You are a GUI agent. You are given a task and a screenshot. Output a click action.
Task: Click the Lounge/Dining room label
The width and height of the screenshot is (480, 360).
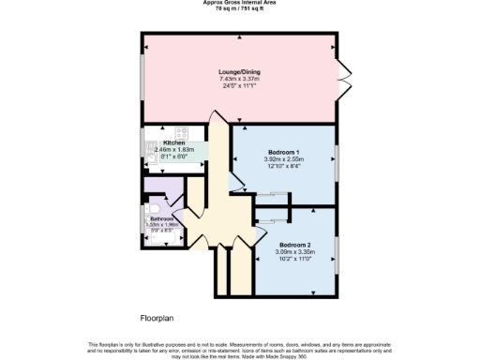pos(239,72)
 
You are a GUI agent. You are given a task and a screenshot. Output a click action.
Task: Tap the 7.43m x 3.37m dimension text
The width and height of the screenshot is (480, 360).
pos(239,80)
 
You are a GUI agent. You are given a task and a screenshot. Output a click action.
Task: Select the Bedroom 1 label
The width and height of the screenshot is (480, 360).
pos(283,152)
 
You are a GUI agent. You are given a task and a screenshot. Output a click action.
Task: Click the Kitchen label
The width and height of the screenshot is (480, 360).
pos(162,142)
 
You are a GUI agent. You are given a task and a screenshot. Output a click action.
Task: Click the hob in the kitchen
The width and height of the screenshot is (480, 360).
pos(182,133)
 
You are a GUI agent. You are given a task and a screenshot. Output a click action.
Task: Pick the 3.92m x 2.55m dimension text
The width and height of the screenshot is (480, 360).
pos(283,159)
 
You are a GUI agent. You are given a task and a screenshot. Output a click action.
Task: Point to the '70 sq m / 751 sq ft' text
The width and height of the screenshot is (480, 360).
pos(239,8)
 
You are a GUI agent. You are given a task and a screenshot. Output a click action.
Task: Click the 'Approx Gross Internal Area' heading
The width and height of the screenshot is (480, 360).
pos(239,3)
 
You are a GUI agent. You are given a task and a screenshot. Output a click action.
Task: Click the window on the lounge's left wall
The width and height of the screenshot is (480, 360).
pos(142,81)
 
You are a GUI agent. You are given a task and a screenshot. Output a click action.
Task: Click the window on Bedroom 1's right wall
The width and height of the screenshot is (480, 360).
pos(336,164)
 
